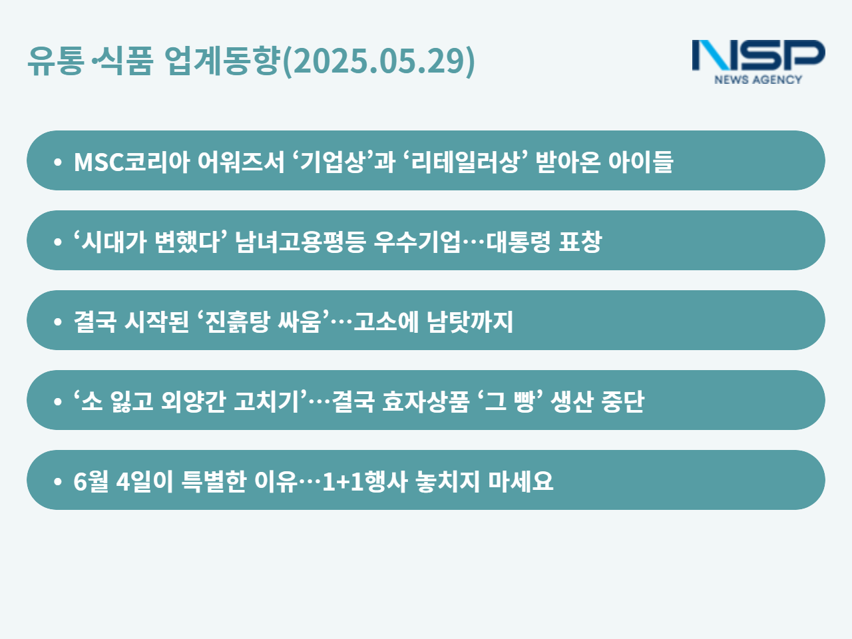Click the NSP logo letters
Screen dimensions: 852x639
[x=758, y=55]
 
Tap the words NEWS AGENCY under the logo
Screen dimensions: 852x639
[x=758, y=79]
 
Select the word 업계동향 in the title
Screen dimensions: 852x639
[x=222, y=60]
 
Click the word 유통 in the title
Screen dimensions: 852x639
[x=56, y=60]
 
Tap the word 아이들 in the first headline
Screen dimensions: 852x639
[x=640, y=161]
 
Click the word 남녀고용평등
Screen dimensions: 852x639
[x=300, y=242]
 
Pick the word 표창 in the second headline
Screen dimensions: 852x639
[x=580, y=242]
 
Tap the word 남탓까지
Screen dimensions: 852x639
[x=470, y=321]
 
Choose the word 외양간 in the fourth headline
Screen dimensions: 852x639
[x=193, y=401]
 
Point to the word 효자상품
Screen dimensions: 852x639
[x=425, y=401]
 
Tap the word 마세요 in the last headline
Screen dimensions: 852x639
[x=521, y=481]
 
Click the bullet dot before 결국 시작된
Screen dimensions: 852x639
[x=58, y=321]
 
